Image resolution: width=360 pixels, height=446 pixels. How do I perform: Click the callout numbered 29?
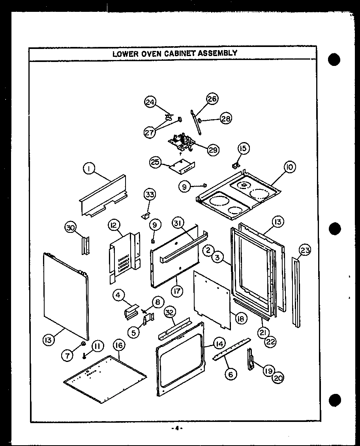coord(213,150)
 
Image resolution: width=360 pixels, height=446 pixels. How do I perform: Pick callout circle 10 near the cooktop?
coord(289,167)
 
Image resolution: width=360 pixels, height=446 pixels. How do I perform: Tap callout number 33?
coord(150,194)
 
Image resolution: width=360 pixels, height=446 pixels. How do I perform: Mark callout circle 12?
coord(114,225)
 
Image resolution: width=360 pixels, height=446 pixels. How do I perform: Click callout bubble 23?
coord(305,250)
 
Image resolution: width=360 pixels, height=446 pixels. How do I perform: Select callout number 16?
coord(118,345)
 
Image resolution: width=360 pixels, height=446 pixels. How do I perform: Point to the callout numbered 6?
coord(231,373)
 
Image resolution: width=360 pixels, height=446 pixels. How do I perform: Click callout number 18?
coord(240,318)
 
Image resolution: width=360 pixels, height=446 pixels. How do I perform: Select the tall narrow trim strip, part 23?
coord(296,292)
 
